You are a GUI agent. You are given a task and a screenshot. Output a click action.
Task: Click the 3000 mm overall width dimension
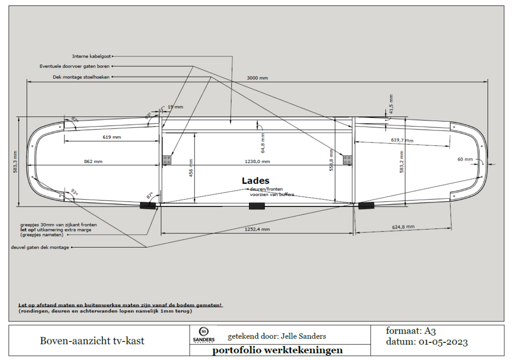[x=257, y=78]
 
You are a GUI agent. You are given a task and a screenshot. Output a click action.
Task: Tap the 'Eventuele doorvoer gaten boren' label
[x=74, y=66]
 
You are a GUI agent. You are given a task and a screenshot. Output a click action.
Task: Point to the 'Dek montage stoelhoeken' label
[x=81, y=77]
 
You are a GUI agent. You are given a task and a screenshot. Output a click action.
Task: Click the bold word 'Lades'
[x=255, y=180]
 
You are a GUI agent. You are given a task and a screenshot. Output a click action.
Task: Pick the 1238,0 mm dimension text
[x=257, y=161]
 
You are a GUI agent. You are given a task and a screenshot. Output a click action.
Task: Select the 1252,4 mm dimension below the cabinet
[x=257, y=229]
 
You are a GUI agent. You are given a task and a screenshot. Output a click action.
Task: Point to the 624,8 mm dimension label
[x=403, y=226]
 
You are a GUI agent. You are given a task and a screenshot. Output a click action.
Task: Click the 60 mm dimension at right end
[x=464, y=159]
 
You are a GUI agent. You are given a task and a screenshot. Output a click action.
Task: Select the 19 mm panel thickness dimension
[x=175, y=107]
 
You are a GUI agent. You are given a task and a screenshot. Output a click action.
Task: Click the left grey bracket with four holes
[x=167, y=159]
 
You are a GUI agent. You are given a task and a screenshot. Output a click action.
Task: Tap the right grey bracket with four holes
[x=347, y=159]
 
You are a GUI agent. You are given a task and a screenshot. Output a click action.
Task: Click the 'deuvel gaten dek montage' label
[x=40, y=247]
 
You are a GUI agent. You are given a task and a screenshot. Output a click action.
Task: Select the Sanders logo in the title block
[x=203, y=335]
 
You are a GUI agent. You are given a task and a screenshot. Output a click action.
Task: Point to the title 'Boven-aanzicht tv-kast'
[x=92, y=341]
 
